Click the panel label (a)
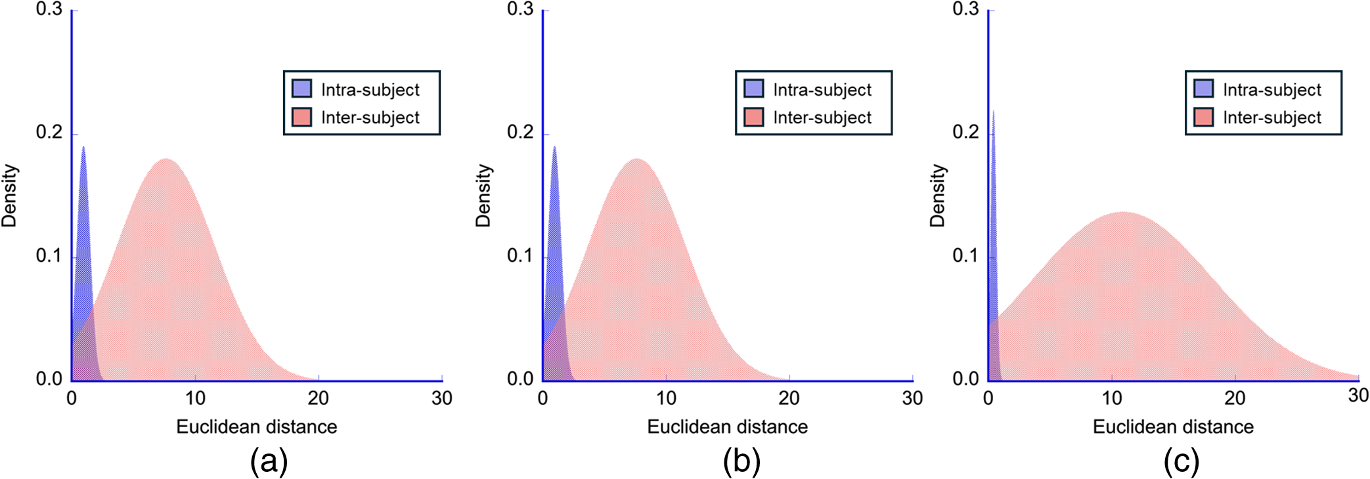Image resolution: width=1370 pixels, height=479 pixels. click(x=269, y=461)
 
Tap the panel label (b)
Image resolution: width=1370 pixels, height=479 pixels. click(x=741, y=461)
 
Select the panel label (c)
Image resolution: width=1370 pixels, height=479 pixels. click(x=1181, y=461)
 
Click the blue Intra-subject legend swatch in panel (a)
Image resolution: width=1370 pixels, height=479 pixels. click(x=301, y=89)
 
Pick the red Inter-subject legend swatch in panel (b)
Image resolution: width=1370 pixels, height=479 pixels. click(x=753, y=117)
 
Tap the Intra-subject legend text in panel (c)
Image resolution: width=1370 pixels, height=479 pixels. click(x=1271, y=89)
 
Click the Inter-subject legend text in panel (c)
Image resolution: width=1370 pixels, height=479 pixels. click(x=1271, y=117)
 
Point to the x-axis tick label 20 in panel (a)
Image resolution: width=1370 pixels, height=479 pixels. click(x=319, y=398)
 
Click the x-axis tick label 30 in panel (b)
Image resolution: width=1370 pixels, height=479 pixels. click(x=912, y=398)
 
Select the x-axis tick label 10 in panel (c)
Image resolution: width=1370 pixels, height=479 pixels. click(x=1111, y=398)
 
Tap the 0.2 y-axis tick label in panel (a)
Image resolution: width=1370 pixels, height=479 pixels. click(x=49, y=132)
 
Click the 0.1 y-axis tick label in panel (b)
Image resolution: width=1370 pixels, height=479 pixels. click(x=520, y=255)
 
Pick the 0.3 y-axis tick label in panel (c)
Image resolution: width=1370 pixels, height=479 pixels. click(x=966, y=9)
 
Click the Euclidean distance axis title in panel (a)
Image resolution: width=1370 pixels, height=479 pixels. click(x=256, y=427)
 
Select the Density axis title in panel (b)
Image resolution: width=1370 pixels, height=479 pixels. click(x=483, y=196)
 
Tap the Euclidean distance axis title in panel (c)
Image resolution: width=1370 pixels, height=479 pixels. click(x=1173, y=427)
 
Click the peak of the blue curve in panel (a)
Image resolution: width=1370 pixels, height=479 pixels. click(x=83, y=147)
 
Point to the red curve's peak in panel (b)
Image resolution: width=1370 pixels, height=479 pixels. click(x=636, y=159)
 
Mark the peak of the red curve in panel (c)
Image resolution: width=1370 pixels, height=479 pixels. click(x=1124, y=213)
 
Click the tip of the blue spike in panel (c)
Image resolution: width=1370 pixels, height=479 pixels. click(x=993, y=112)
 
